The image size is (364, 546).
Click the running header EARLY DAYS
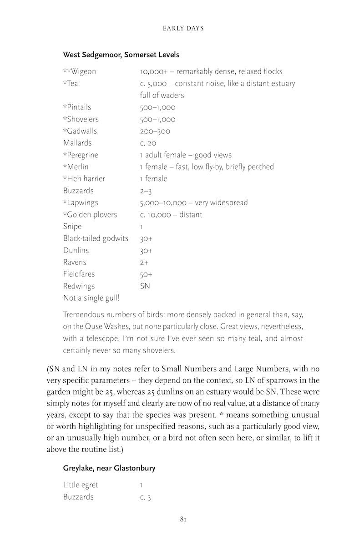[x=183, y=28]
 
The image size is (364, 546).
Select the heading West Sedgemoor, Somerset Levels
[x=121, y=55]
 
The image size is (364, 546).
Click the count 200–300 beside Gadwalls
[x=155, y=131]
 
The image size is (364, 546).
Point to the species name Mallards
[x=77, y=143]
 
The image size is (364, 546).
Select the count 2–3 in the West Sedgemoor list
[x=146, y=191]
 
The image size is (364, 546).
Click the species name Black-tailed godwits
[x=96, y=238]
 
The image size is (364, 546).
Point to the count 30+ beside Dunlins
[x=146, y=251]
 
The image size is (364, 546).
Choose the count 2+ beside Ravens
[x=144, y=263]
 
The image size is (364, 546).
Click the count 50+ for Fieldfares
[x=146, y=274]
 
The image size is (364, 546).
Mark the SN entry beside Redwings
[x=145, y=286]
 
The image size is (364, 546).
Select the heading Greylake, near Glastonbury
[x=109, y=468]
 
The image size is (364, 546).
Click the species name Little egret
[x=81, y=485]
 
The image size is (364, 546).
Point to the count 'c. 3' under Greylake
[x=145, y=497]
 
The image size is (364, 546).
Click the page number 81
[x=183, y=519]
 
